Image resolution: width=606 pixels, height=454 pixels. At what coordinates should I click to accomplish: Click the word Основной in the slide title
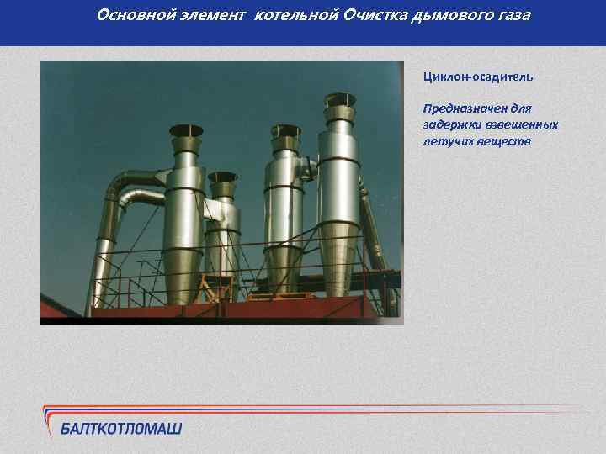click(126, 15)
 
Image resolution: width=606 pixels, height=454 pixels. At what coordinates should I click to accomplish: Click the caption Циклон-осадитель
click(478, 77)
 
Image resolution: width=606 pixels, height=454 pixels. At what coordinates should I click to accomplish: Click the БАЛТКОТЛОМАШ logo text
click(121, 429)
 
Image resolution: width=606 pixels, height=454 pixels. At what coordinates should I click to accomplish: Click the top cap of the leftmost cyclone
click(187, 131)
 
